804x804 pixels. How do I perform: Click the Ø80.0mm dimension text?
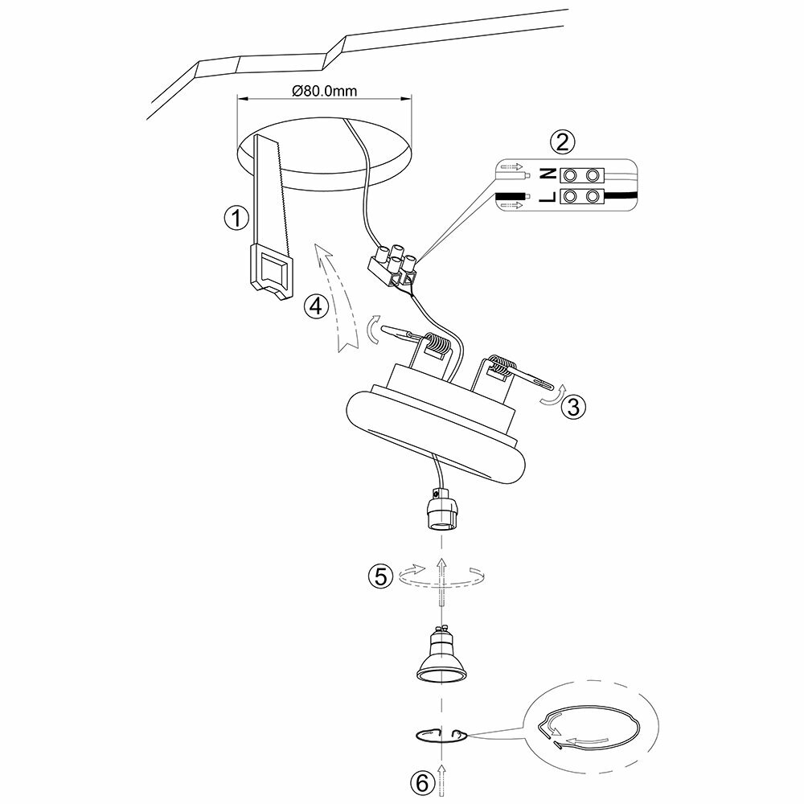pyautogui.click(x=325, y=91)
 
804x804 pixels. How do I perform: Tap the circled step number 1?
pyautogui.click(x=234, y=217)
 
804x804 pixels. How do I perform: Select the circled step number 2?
pyautogui.click(x=562, y=142)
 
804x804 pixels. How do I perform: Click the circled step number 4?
pyautogui.click(x=316, y=306)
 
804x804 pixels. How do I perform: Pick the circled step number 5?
pyautogui.click(x=380, y=576)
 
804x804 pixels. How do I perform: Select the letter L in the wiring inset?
pyautogui.click(x=547, y=196)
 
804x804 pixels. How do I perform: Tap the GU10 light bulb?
pyautogui.click(x=441, y=654)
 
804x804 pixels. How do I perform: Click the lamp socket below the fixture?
pyautogui.click(x=441, y=514)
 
